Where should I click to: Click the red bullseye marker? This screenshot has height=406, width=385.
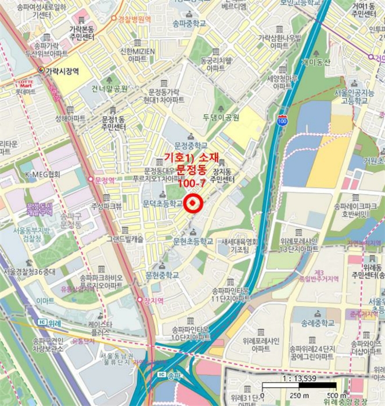click(193, 203)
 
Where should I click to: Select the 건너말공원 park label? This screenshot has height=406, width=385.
click(109, 89)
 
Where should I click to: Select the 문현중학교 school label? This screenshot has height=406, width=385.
click(163, 274)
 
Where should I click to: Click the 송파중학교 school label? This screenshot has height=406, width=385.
click(189, 24)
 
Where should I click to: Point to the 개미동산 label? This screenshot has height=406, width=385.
click(315, 62)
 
